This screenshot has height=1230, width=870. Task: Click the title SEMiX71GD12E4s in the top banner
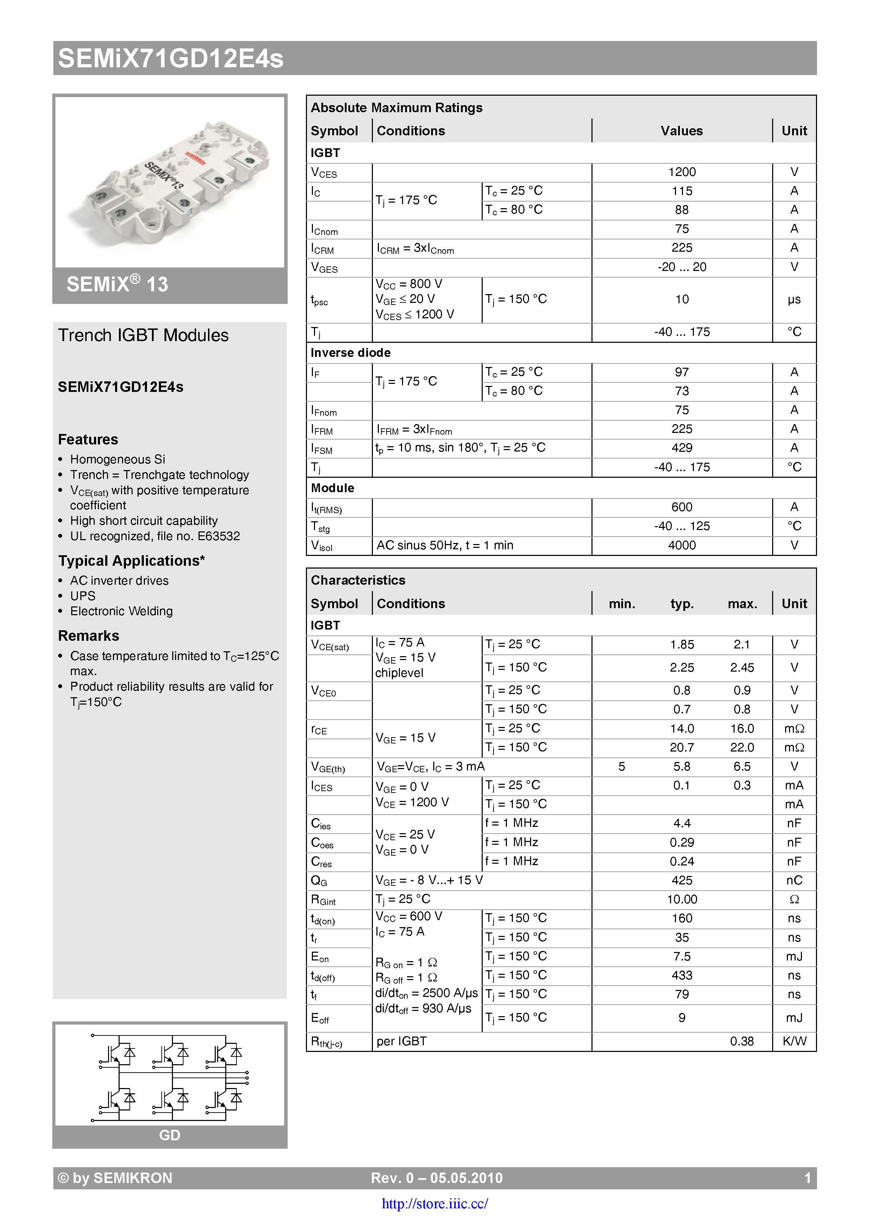(x=170, y=59)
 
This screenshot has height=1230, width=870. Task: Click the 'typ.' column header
(x=682, y=604)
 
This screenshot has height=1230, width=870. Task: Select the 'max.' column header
(x=742, y=604)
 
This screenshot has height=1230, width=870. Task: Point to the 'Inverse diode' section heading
(x=350, y=353)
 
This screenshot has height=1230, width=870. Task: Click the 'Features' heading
(x=88, y=439)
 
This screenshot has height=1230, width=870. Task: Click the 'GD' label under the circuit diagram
(x=169, y=1135)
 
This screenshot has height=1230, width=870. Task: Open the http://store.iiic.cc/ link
(x=435, y=1204)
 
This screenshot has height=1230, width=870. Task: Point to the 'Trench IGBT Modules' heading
(x=143, y=335)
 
